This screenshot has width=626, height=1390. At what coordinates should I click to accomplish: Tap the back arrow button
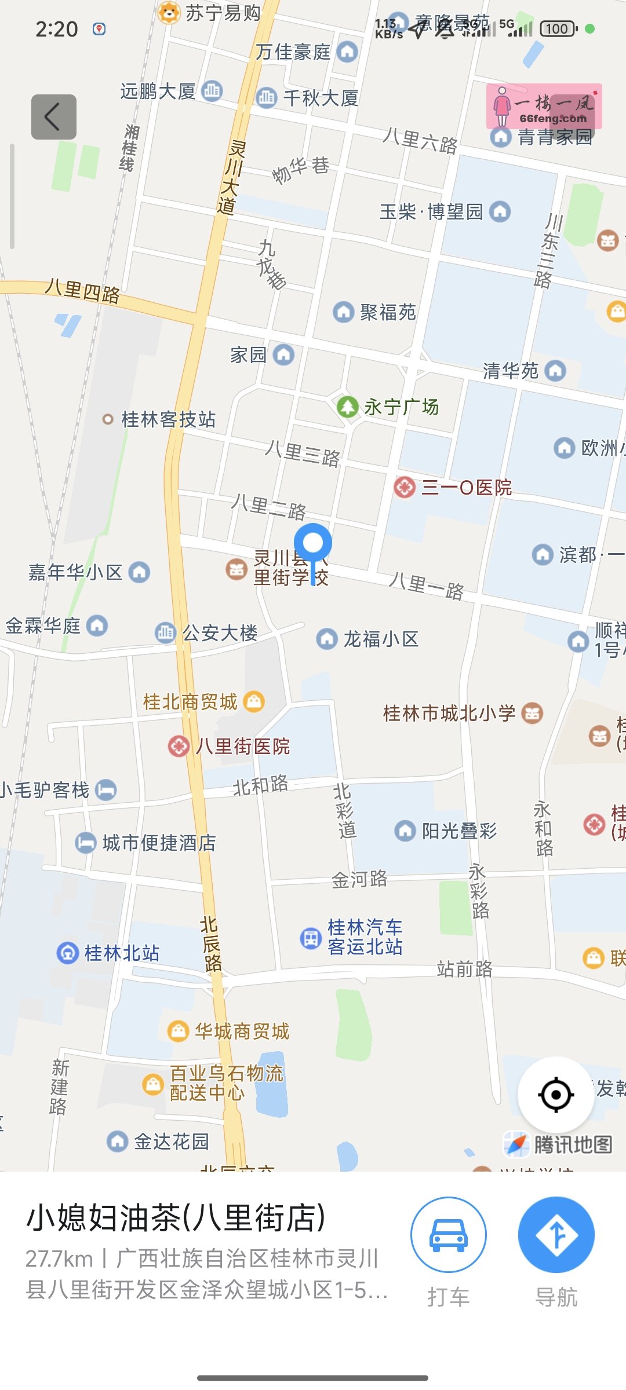pos(53,117)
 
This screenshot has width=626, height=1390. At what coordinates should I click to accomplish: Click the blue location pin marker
pos(313,544)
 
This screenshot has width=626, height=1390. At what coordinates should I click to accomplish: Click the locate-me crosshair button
pos(556,1095)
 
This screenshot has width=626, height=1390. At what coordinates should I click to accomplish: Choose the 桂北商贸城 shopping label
pos(191,702)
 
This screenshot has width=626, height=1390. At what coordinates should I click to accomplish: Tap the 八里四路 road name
pos(83,291)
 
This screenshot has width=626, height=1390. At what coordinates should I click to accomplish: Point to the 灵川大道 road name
pos(232,177)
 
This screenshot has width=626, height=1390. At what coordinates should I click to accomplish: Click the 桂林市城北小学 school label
pos(449,714)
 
